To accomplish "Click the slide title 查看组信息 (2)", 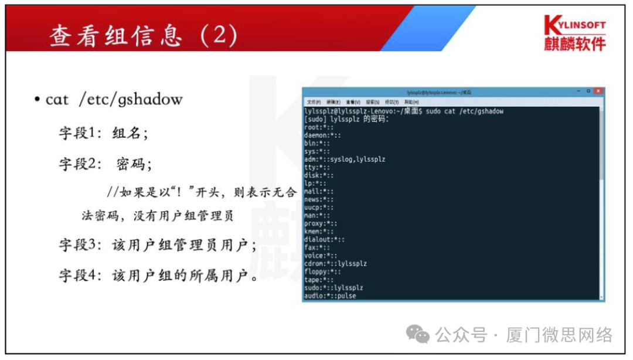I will (x=143, y=36).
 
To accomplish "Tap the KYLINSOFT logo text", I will (x=574, y=25).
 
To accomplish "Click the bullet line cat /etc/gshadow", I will (x=114, y=100).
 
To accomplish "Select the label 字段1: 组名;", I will (x=103, y=133).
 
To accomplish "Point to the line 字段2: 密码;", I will (x=105, y=164).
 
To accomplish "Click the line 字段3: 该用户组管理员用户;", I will (x=157, y=244).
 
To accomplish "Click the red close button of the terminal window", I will (x=598, y=91).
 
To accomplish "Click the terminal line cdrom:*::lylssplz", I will (x=335, y=264).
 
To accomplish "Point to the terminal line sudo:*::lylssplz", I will (x=333, y=288).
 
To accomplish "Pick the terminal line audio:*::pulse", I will (x=330, y=296).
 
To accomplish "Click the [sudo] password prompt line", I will (x=346, y=119).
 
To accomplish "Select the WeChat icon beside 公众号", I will (x=418, y=335).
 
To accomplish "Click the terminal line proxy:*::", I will (x=321, y=223).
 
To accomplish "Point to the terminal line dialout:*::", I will (x=324, y=239).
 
